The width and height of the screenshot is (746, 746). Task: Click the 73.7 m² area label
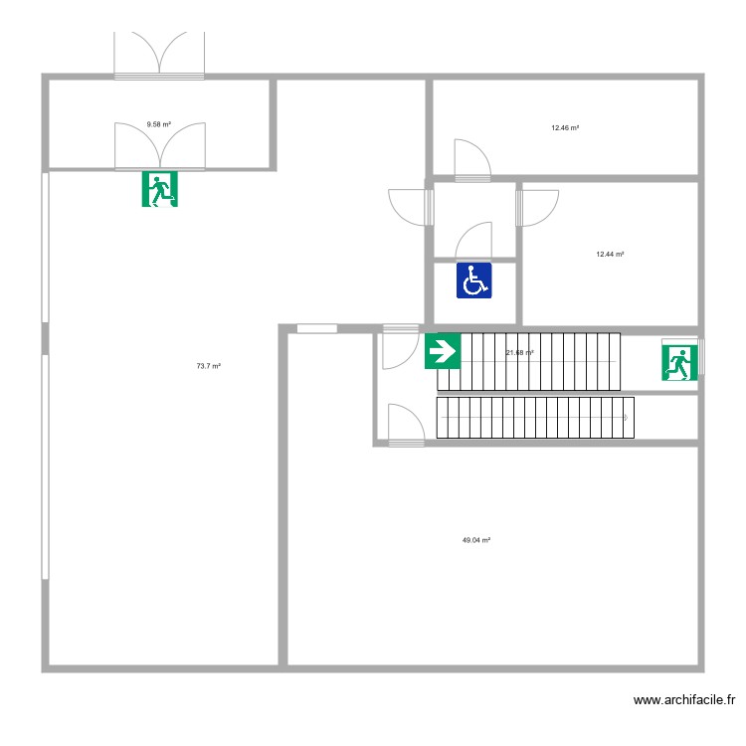208,367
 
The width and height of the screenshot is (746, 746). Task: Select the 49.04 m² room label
476,541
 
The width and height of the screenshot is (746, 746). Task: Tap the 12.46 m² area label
565,128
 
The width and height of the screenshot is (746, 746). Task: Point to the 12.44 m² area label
610,255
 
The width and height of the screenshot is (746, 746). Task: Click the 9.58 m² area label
159,124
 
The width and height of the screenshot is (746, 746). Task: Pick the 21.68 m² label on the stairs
520,353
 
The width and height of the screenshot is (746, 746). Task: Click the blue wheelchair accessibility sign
473,280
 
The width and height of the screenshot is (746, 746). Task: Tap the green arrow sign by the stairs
442,351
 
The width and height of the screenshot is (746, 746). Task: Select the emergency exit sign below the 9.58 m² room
159,189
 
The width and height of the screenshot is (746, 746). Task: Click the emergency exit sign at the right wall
679,361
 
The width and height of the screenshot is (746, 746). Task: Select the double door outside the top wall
159,55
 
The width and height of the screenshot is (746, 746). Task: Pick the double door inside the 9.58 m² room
159,145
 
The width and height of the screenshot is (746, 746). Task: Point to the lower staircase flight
535,418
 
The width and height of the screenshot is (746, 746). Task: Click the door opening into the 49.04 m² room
406,426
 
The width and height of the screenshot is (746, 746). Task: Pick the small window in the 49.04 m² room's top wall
316,328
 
